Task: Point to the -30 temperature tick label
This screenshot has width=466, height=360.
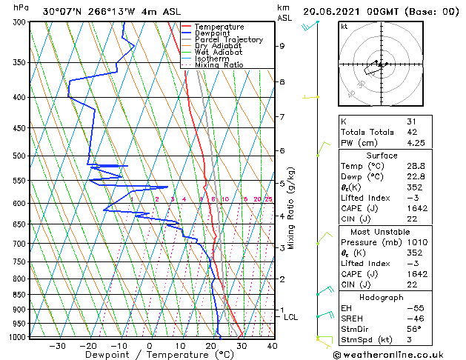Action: (x=57, y=345)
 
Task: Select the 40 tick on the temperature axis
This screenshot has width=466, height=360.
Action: (x=272, y=345)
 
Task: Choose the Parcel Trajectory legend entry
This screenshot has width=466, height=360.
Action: (x=228, y=40)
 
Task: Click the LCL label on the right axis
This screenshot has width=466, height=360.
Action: (x=291, y=317)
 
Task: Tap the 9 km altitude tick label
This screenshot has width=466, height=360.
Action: (x=282, y=46)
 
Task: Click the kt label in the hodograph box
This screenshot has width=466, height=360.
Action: (x=344, y=26)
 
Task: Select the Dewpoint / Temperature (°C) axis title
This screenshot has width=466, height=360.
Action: (x=149, y=355)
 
